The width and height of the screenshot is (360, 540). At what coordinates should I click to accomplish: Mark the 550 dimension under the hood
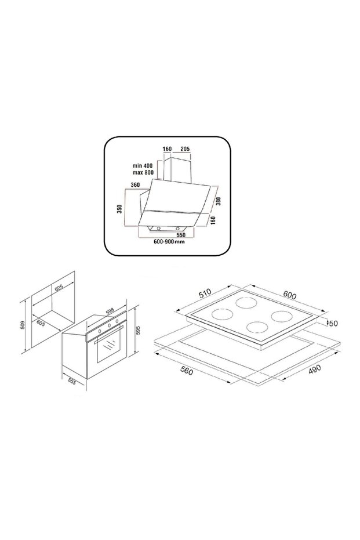coord(180,235)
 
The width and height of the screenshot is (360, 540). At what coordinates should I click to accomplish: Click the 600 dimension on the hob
coord(289,296)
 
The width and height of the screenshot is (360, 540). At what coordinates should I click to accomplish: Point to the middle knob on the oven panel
coord(107,328)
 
